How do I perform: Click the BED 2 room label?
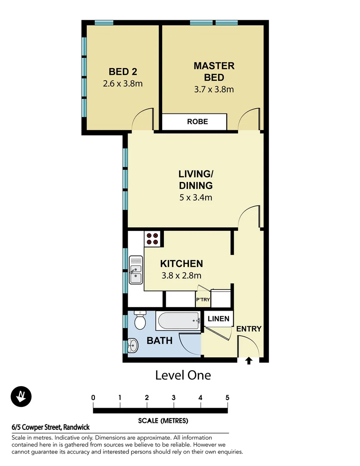tap(123, 71)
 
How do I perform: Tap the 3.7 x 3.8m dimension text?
tap(214, 90)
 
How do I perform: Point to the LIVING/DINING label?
tap(196, 179)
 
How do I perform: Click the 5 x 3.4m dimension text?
tap(196, 198)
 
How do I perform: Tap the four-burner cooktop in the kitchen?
tap(152, 239)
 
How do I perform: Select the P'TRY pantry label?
tap(202, 299)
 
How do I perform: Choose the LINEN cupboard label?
tap(218, 319)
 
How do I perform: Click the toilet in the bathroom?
tap(141, 320)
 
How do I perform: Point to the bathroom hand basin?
tap(132, 346)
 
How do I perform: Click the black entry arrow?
tap(249, 361)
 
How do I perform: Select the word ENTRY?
tap(249, 329)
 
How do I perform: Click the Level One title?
tap(183, 375)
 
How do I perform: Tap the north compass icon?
tap(21, 396)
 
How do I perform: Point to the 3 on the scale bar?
tap(173, 397)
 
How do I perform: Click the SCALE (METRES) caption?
tap(163, 420)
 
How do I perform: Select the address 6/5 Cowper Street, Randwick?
tap(51, 427)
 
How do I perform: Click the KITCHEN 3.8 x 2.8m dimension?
tap(181, 275)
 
